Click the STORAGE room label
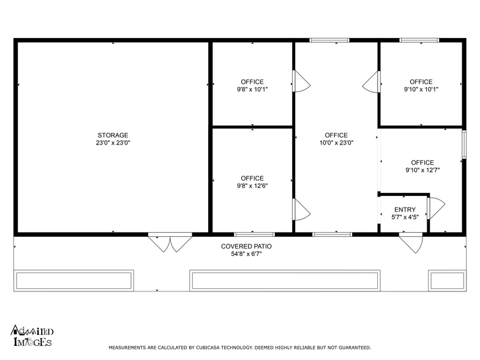[x=113, y=135]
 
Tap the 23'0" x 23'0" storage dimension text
[x=113, y=143]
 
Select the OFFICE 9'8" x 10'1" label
[x=252, y=86]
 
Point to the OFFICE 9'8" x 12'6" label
[x=252, y=182]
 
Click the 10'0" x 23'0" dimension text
[x=337, y=143]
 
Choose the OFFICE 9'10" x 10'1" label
[x=421, y=86]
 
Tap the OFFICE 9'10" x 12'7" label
[x=422, y=167]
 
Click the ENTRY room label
[x=405, y=209]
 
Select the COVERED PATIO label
[x=246, y=246]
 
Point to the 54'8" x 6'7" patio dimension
[x=246, y=253]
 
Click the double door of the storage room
[x=170, y=242]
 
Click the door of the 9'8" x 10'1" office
[x=301, y=81]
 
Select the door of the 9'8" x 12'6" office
[x=301, y=209]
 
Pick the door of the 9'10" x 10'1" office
[x=372, y=82]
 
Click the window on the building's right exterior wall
[x=464, y=144]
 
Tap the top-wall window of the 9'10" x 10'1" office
[x=419, y=40]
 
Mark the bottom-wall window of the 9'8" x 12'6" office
[x=255, y=234]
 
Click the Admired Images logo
[x=32, y=336]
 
